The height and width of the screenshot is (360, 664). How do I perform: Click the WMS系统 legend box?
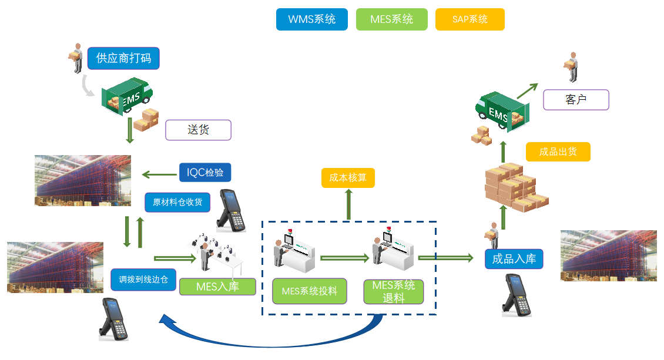click(x=311, y=19)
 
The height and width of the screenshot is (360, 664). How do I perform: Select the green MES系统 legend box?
click(x=391, y=19)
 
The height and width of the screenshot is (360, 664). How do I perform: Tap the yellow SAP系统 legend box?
click(x=470, y=19)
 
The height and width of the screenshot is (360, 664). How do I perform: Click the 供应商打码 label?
click(x=123, y=59)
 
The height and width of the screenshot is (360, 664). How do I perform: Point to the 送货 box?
click(x=198, y=130)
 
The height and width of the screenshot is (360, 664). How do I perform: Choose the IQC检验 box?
click(x=205, y=172)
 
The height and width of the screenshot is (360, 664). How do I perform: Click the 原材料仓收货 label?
click(x=177, y=202)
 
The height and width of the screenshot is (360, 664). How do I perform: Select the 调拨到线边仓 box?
click(x=143, y=279)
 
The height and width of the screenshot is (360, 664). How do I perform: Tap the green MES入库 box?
click(x=217, y=286)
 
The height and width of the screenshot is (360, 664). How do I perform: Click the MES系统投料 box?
click(x=309, y=291)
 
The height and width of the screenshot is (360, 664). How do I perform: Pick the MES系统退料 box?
click(x=394, y=291)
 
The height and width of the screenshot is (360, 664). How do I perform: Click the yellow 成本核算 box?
click(x=348, y=178)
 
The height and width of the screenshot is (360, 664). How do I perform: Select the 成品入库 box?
click(x=514, y=259)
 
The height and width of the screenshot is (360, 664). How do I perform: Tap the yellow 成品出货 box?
click(x=558, y=152)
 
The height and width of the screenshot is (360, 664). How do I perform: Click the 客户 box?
click(x=576, y=100)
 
